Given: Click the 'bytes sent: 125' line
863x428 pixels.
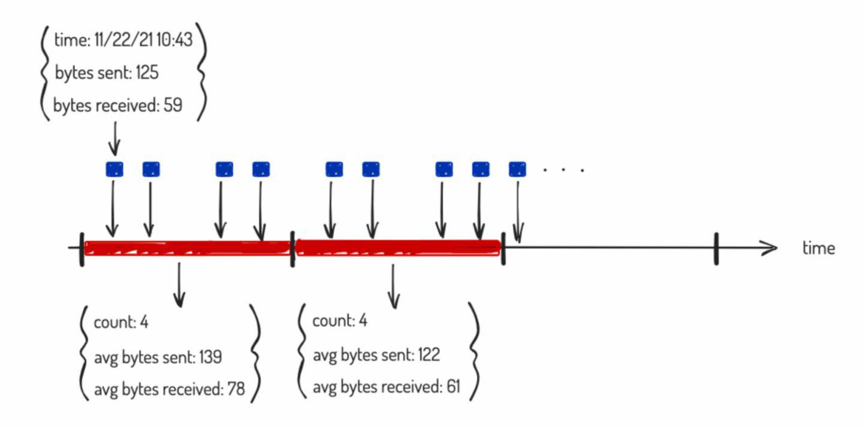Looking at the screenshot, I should (x=107, y=73).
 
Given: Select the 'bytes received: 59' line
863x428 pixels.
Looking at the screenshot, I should (x=117, y=106).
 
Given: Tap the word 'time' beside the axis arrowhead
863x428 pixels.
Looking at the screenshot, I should (x=818, y=248).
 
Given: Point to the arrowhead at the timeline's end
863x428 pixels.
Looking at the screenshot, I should (x=769, y=247).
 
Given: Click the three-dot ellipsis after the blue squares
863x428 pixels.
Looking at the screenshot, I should (x=563, y=170).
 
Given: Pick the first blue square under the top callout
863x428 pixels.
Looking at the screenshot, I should (x=114, y=169).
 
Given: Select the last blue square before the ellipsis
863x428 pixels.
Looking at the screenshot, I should (x=517, y=169).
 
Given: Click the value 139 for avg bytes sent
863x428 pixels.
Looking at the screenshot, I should (x=209, y=357).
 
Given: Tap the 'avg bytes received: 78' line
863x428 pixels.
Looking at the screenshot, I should (x=170, y=389).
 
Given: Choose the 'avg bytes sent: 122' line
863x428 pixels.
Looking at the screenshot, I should (x=376, y=355).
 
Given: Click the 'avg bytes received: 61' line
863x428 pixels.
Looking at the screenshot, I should (x=387, y=387).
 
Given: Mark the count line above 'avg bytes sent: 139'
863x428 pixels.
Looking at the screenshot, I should (x=121, y=322).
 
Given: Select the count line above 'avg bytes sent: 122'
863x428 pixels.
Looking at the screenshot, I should (x=340, y=321).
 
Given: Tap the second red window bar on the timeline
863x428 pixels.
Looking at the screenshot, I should (x=398, y=247).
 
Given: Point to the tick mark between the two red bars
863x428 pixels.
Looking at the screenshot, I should (x=292, y=248).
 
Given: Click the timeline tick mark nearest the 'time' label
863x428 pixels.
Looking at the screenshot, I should (x=716, y=248).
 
